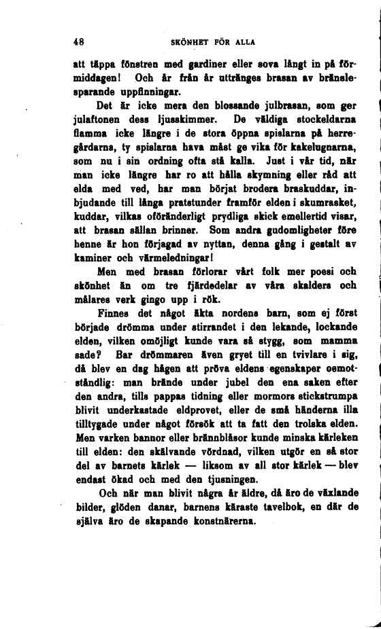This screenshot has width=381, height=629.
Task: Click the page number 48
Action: click(x=78, y=41)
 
